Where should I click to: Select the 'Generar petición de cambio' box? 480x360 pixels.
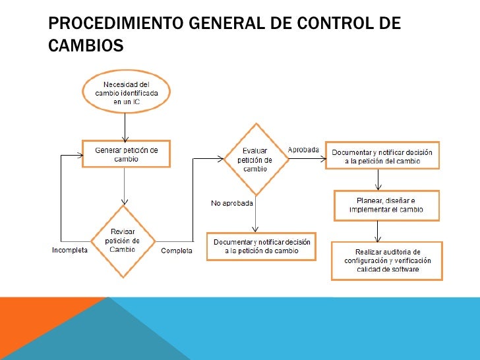(x=126, y=154)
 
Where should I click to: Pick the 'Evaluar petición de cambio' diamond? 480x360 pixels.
(x=255, y=158)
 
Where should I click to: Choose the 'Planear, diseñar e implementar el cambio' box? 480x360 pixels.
(x=386, y=204)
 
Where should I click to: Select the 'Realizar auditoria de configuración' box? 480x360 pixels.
(x=386, y=260)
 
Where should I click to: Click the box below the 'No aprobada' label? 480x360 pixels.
(x=261, y=247)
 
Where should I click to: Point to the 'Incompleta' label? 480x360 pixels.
(x=70, y=251)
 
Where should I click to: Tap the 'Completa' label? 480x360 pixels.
(x=177, y=251)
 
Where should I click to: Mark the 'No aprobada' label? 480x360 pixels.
(x=232, y=203)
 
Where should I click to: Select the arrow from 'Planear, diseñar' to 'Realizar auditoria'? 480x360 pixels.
(x=378, y=230)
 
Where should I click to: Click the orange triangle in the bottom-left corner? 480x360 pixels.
(x=40, y=330)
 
